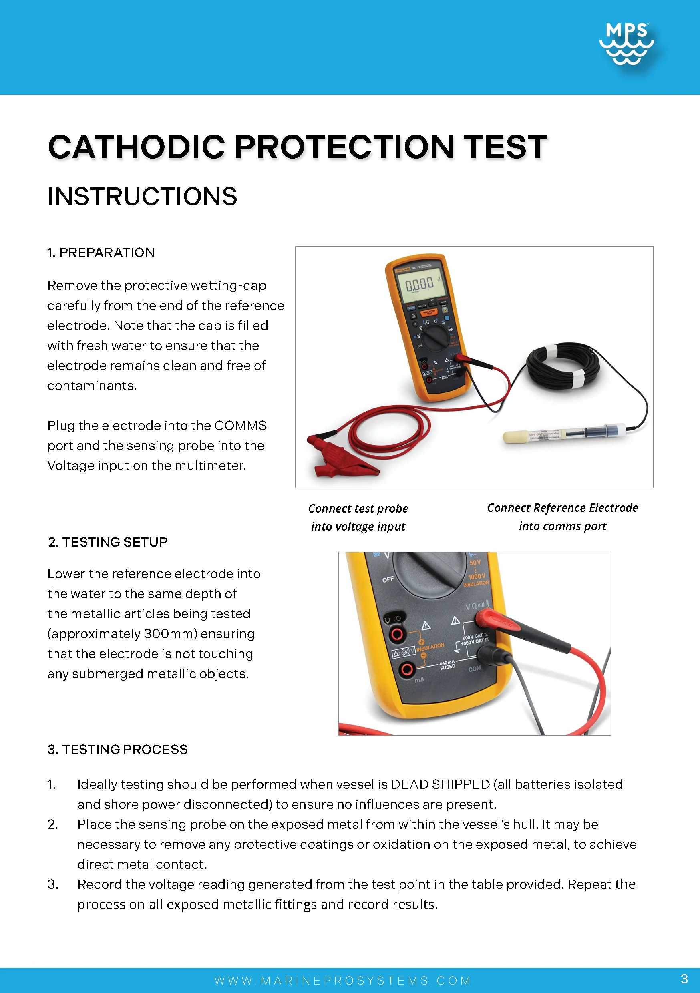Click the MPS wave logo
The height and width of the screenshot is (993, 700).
coord(626,43)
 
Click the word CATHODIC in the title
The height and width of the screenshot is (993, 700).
coord(137,147)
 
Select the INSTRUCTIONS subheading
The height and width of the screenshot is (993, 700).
coord(142,196)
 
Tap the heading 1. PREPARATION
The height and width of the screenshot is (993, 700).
coord(101,253)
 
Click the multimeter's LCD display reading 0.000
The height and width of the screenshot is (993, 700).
coord(419,285)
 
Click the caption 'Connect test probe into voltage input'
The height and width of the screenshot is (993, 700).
coord(358,517)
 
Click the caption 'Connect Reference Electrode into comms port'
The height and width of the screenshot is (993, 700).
coord(562,517)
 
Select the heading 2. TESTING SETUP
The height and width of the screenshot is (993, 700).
coord(108,542)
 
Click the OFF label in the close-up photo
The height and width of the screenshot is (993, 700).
coord(388,579)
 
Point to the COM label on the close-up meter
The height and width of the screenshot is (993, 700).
coord(475,669)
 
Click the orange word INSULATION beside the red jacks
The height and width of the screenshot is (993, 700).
coord(430,647)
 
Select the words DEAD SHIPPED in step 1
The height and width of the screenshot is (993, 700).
coord(440,784)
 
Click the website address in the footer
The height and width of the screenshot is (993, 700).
coord(343,981)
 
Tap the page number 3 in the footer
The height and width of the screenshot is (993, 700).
coord(684,979)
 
